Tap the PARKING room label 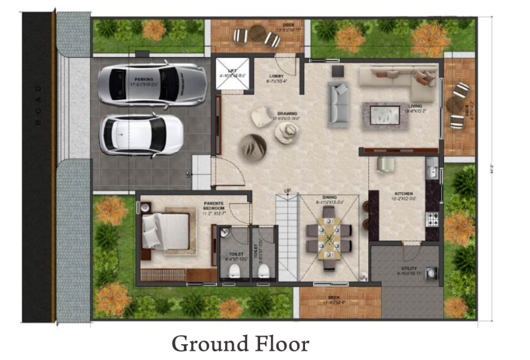coord(144,79)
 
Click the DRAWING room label coord(287,114)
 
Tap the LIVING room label coord(414,106)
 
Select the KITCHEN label coord(403,193)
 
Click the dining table coord(330,236)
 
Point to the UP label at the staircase coord(287,191)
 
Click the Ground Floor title coord(240,344)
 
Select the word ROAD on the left coord(39,105)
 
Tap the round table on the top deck coord(258,33)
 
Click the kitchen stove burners coord(434,219)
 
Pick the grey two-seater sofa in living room coord(338,104)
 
